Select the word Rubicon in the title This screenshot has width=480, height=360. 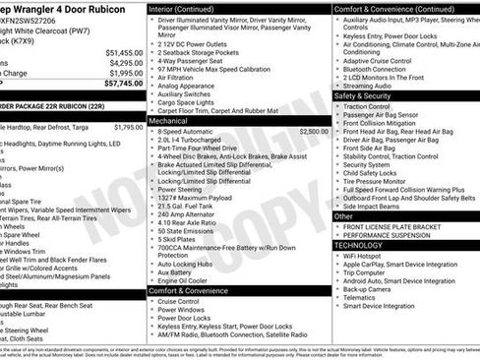tap(102, 7)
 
